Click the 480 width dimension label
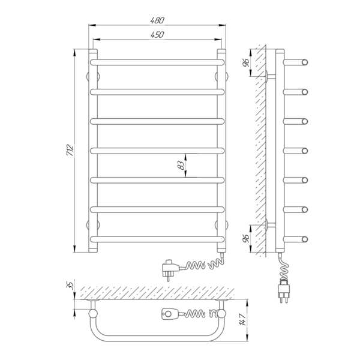(157, 20)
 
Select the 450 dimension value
(157, 35)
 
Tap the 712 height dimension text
(70, 151)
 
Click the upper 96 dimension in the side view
(246, 62)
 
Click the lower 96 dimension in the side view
(246, 239)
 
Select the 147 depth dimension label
(244, 319)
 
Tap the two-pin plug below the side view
(284, 291)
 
